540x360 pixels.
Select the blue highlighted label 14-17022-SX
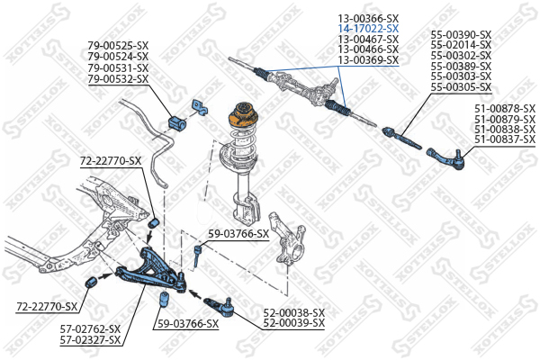point(367,29)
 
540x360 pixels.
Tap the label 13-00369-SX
point(367,59)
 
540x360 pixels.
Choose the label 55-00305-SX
point(461,87)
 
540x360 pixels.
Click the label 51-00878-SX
point(504,109)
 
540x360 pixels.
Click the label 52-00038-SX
point(293,312)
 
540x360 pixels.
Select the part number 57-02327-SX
point(90,339)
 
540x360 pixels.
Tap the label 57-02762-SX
point(90,329)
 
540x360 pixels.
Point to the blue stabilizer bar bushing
point(177,118)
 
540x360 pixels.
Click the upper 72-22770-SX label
point(111,161)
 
